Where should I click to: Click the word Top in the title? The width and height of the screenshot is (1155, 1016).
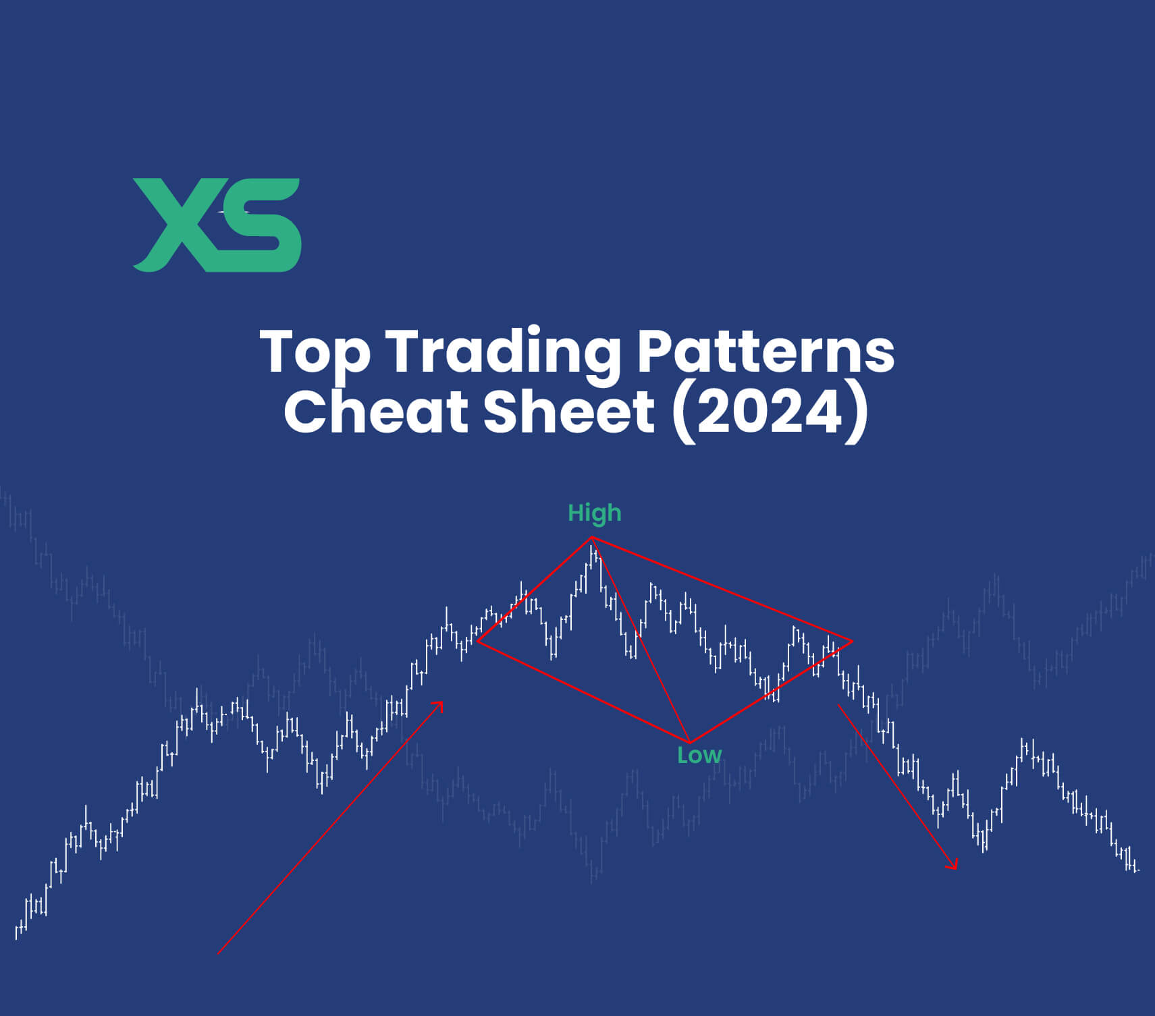(315, 351)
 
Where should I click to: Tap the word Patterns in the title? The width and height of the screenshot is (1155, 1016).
(765, 351)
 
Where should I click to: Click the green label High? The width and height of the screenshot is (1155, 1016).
(594, 513)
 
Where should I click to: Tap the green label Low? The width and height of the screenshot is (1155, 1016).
(699, 755)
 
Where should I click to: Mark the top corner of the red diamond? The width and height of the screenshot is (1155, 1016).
(592, 538)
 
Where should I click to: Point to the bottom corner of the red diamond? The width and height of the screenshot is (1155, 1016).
(690, 743)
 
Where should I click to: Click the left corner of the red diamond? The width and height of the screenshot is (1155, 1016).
(477, 642)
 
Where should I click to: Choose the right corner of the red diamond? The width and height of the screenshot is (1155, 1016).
(852, 641)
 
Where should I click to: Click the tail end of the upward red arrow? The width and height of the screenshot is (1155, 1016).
(219, 953)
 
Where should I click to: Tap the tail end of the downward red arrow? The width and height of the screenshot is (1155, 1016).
(838, 705)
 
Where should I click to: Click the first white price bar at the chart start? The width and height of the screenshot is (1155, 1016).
(17, 932)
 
